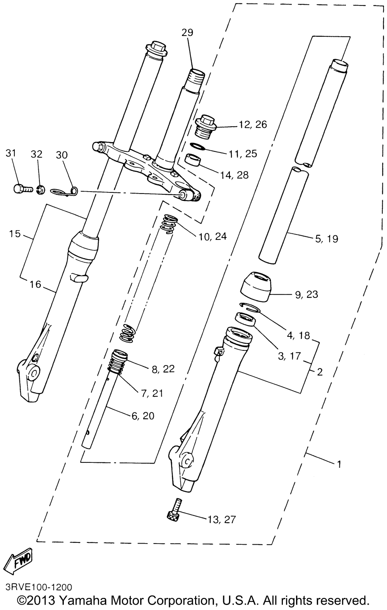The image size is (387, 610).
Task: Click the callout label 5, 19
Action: (x=327, y=239)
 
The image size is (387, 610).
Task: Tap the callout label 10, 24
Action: (x=212, y=236)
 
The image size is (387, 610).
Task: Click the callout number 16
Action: (x=35, y=285)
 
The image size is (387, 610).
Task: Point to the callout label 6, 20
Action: (x=143, y=416)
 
